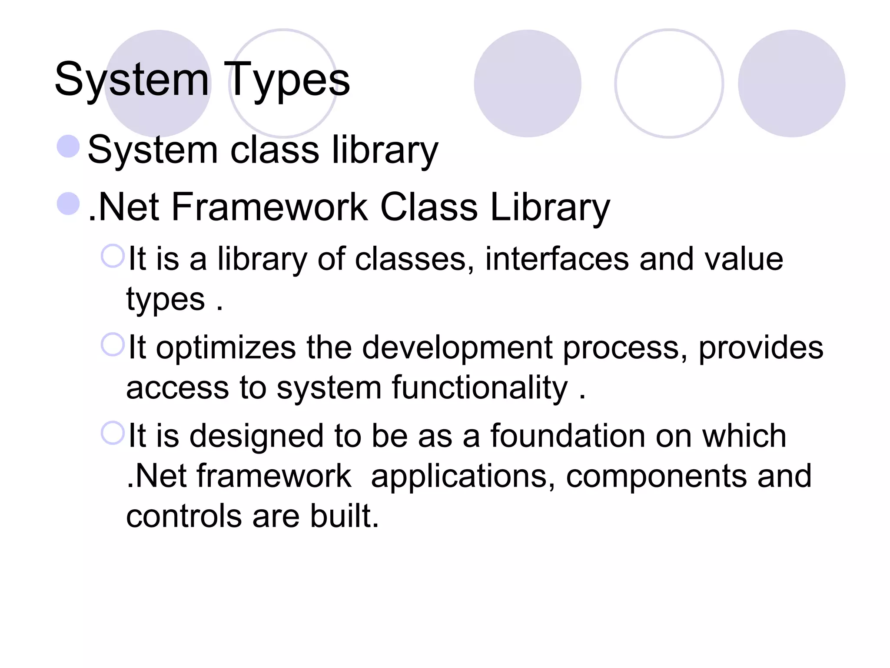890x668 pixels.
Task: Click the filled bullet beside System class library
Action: pos(68,146)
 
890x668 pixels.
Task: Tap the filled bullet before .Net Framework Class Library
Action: pos(68,204)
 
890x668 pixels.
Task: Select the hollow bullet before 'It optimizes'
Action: pos(113,344)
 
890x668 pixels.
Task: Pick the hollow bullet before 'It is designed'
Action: pos(113,433)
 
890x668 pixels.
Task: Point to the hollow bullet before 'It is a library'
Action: pos(113,256)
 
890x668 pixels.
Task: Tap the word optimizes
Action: pos(226,348)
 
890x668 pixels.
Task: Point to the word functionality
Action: pos(479,387)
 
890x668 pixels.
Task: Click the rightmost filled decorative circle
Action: pos(791,83)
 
